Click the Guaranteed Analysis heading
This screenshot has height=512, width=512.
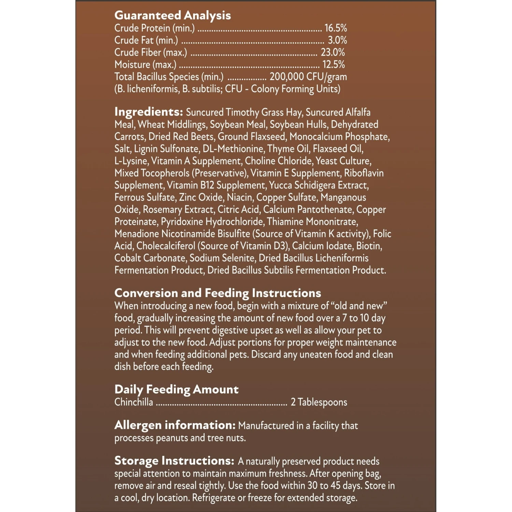click(172, 15)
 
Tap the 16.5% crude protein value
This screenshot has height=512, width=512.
click(336, 28)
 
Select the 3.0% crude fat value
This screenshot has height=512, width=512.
click(337, 40)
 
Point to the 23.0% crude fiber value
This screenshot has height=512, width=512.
click(333, 52)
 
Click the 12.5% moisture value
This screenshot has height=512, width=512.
click(333, 65)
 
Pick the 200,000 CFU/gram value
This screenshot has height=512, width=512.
click(308, 77)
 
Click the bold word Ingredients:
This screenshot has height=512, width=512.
click(148, 112)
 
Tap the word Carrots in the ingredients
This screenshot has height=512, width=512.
click(129, 137)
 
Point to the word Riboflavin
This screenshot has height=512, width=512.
click(364, 173)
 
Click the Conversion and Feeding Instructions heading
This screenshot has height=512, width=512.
click(218, 293)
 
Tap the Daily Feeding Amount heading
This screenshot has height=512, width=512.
click(176, 389)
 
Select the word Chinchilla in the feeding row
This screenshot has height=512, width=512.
click(134, 402)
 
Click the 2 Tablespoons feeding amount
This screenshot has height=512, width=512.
click(319, 402)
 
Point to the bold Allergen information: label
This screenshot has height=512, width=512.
click(175, 425)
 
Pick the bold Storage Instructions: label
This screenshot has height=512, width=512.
click(174, 461)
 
